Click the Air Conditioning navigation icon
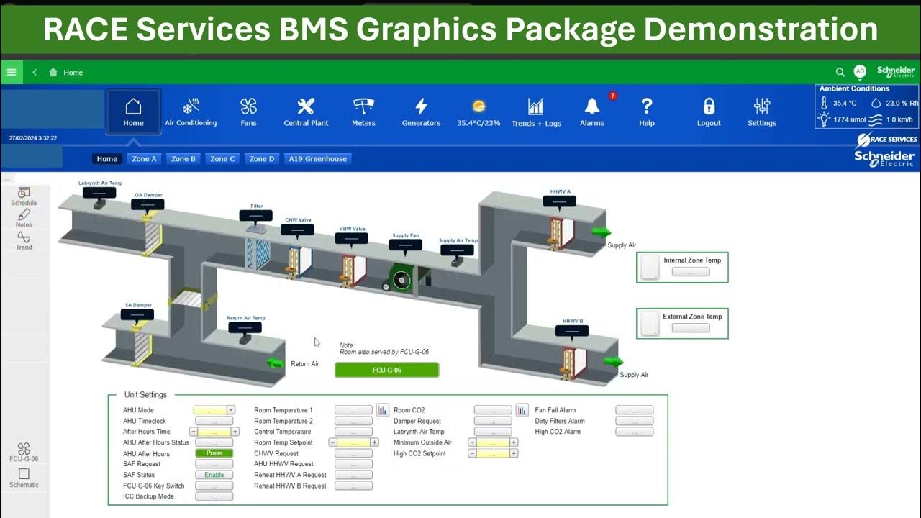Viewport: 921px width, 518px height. click(191, 107)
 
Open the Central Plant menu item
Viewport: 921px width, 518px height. click(306, 107)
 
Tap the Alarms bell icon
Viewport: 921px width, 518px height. click(592, 106)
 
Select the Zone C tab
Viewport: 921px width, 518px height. click(222, 159)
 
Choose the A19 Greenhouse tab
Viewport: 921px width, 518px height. click(317, 159)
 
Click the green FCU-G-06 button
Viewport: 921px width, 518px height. click(386, 371)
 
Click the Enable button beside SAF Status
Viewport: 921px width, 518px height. click(214, 475)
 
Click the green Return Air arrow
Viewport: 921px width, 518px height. click(275, 363)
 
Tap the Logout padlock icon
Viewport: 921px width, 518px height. click(709, 107)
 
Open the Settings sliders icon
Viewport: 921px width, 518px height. click(761, 107)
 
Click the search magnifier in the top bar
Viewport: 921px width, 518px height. click(840, 72)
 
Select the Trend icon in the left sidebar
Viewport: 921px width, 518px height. click(24, 237)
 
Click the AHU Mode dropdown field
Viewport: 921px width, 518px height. click(214, 410)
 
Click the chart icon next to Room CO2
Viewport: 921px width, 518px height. click(522, 410)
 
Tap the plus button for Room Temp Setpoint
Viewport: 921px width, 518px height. click(374, 442)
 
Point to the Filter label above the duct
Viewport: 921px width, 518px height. click(257, 206)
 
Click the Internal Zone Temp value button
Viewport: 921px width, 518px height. click(691, 272)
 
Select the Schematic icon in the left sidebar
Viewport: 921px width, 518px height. click(24, 474)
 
